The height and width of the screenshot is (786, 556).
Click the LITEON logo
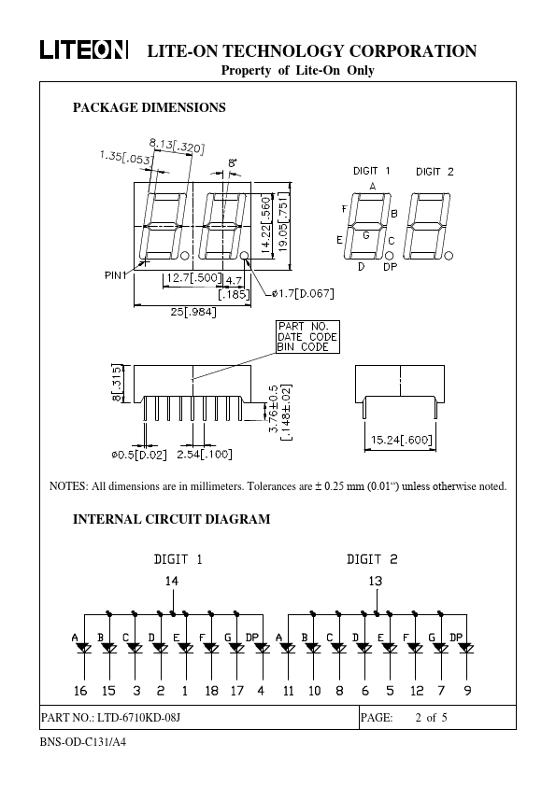(84, 50)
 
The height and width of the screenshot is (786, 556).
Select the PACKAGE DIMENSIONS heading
(149, 107)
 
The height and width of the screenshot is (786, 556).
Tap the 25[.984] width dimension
(193, 312)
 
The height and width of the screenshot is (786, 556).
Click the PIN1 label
(116, 275)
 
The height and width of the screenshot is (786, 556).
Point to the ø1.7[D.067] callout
(303, 293)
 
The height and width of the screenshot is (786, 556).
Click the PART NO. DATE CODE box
(307, 337)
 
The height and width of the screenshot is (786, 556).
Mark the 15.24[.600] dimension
(401, 440)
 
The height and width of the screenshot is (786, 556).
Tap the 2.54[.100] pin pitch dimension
(205, 455)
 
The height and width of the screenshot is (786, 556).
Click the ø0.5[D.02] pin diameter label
(139, 455)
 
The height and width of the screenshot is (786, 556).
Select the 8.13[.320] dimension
(177, 146)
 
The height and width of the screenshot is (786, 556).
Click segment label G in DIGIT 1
(366, 234)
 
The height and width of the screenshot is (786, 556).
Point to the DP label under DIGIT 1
(390, 267)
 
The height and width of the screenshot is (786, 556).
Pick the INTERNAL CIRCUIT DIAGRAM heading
(172, 519)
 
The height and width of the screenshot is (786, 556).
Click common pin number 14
(172, 581)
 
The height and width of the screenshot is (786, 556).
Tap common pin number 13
(376, 581)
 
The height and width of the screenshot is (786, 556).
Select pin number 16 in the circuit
(80, 691)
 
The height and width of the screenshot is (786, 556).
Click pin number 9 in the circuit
(467, 691)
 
